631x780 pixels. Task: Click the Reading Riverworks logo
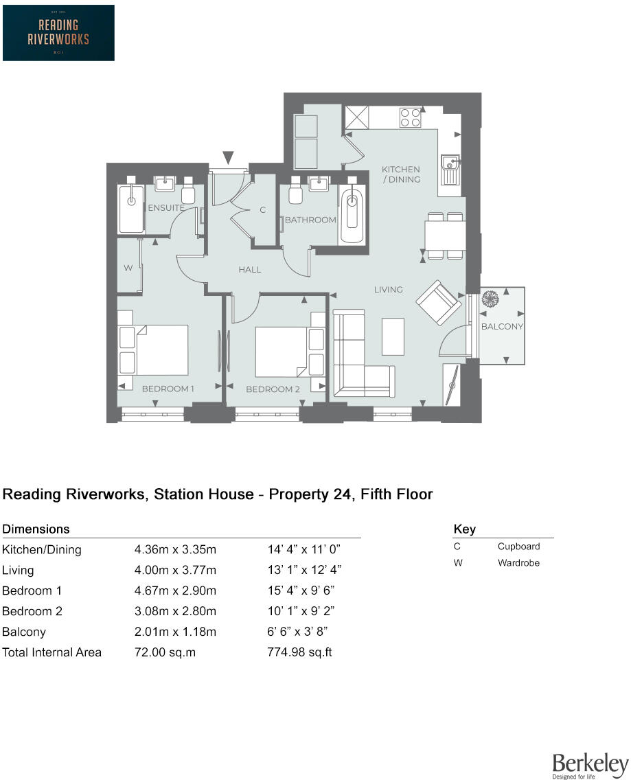59,33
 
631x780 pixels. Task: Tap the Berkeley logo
590,766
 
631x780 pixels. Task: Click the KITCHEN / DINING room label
401,174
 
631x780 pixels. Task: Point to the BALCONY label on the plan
502,326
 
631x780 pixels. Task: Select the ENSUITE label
166,207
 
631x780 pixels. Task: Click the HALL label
249,270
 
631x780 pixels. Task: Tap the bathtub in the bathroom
352,214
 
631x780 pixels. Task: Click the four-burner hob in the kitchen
411,117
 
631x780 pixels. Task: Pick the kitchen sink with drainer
450,169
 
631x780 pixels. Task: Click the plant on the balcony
490,299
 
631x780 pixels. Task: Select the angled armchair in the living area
439,302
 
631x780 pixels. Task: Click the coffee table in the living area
393,336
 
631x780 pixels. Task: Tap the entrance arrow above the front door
228,158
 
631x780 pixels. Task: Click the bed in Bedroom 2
290,352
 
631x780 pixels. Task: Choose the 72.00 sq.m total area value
165,652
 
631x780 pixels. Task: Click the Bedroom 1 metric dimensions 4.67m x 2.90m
175,590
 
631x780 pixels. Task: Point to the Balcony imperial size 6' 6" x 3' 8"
297,632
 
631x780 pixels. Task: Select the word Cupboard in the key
518,547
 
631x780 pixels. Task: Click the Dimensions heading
36,529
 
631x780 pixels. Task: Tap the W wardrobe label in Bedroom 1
128,268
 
